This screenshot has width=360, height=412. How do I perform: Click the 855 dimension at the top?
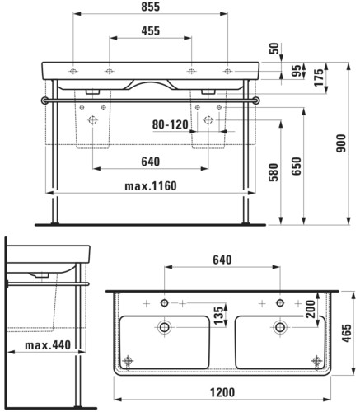point(150,7)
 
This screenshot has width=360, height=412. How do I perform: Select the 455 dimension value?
point(150,31)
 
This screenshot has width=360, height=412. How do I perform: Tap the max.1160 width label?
point(151,186)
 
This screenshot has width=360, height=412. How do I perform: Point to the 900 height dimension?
point(341,143)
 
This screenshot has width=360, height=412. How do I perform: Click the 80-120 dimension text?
point(171,124)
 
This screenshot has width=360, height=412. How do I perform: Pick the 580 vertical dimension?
point(274,172)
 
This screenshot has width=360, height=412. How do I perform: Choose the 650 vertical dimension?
point(297,166)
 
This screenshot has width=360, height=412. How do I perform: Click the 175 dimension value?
point(319,77)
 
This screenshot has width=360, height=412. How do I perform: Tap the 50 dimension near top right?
point(274,49)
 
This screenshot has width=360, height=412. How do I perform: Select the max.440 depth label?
point(48,345)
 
